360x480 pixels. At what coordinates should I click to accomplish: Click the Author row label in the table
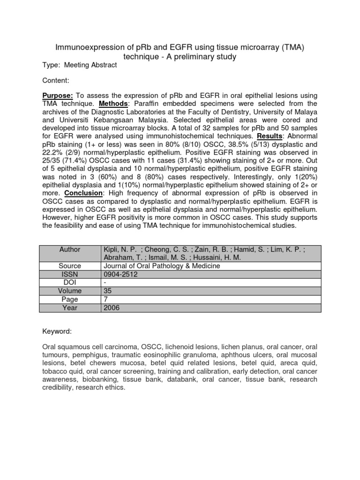coord(70,249)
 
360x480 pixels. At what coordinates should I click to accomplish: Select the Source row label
coord(70,265)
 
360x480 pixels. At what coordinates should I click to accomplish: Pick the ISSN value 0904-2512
coord(120,274)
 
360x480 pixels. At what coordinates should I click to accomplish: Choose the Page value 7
coord(105,299)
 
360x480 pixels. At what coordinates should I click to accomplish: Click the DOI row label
coord(70,282)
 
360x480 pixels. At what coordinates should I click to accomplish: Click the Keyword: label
coord(57,331)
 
